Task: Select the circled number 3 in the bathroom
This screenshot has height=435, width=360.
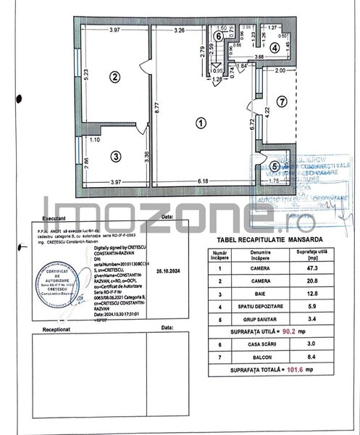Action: pos(114,155)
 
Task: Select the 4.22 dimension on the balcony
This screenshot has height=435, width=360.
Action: pos(266,113)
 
